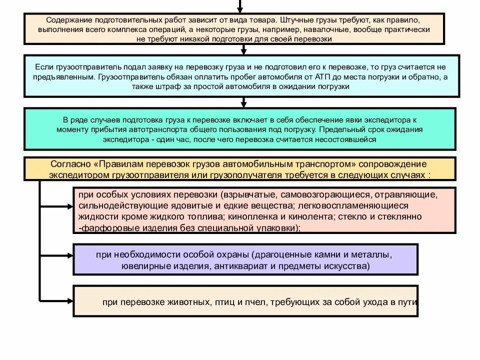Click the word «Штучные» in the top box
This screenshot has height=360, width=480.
pyautogui.click(x=299, y=21)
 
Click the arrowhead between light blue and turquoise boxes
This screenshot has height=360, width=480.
pyautogui.click(x=243, y=103)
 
